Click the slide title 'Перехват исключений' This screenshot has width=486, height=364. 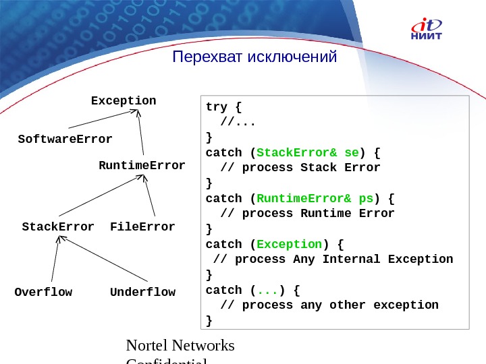pos(254,57)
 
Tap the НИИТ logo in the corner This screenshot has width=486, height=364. pos(427,30)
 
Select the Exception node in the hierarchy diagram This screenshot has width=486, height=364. pos(124,101)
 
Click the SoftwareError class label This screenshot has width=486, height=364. pos(65,140)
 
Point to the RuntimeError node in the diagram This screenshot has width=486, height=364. pos(142,165)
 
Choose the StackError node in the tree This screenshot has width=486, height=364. pos(58,226)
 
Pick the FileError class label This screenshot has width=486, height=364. pos(142,226)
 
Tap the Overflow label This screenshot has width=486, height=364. pos(43,292)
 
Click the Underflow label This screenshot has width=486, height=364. pos(142,292)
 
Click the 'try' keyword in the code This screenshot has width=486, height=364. pos(217,107)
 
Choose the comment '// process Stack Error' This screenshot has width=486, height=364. pos(301,167)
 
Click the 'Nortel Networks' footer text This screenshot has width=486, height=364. pos(181,346)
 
